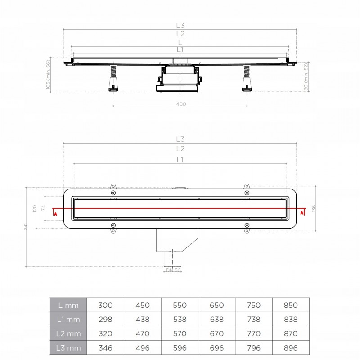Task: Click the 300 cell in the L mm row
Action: [x=105, y=305]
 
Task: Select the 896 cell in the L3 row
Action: [x=291, y=348]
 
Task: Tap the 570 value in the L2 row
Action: [x=180, y=333]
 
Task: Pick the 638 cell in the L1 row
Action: [x=217, y=319]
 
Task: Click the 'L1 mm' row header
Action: [x=68, y=319]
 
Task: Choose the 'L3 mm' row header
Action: [x=68, y=348]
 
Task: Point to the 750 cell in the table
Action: [x=254, y=305]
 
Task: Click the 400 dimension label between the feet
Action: [x=181, y=104]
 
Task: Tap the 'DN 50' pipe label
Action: [x=173, y=270]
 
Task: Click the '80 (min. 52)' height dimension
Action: [x=306, y=76]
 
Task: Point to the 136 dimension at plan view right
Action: [x=314, y=208]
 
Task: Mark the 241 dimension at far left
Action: [x=26, y=227]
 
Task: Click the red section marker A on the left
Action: [x=55, y=214]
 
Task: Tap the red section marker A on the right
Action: [x=302, y=213]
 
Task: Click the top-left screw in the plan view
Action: [x=113, y=193]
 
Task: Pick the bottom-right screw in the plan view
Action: [x=247, y=225]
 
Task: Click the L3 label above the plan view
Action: [x=180, y=139]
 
